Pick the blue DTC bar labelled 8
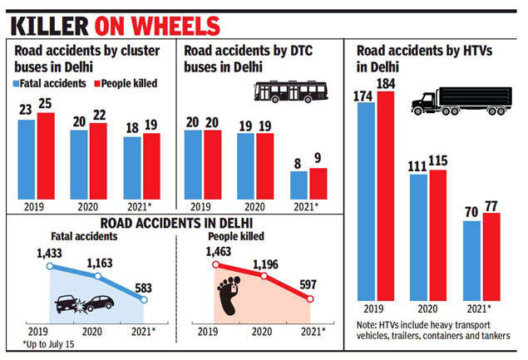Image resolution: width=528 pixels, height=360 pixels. (x=297, y=185)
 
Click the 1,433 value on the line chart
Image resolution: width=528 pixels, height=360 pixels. (x=49, y=251)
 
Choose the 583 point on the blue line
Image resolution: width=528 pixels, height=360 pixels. (x=145, y=298)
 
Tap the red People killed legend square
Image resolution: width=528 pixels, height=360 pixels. (x=96, y=84)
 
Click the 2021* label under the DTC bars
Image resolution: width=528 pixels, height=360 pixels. (x=308, y=205)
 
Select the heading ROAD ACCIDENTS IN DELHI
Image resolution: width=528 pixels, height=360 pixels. (x=177, y=222)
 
